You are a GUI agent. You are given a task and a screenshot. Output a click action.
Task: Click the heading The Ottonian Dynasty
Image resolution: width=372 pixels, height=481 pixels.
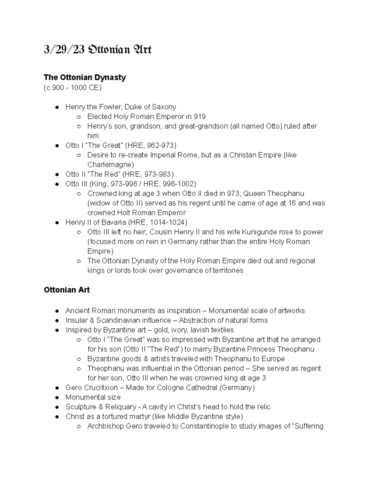85,77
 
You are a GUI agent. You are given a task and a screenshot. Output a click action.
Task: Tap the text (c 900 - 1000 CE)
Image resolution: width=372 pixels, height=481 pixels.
73,88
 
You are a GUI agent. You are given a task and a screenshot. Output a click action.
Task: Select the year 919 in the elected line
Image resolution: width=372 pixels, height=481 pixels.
200,116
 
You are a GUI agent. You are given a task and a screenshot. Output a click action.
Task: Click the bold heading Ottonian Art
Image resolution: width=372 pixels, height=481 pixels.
67,290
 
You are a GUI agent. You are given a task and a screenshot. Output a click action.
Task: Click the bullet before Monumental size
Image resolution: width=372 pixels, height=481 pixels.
57,397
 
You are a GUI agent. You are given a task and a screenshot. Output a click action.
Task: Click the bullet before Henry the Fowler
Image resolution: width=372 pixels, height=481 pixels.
57,107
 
